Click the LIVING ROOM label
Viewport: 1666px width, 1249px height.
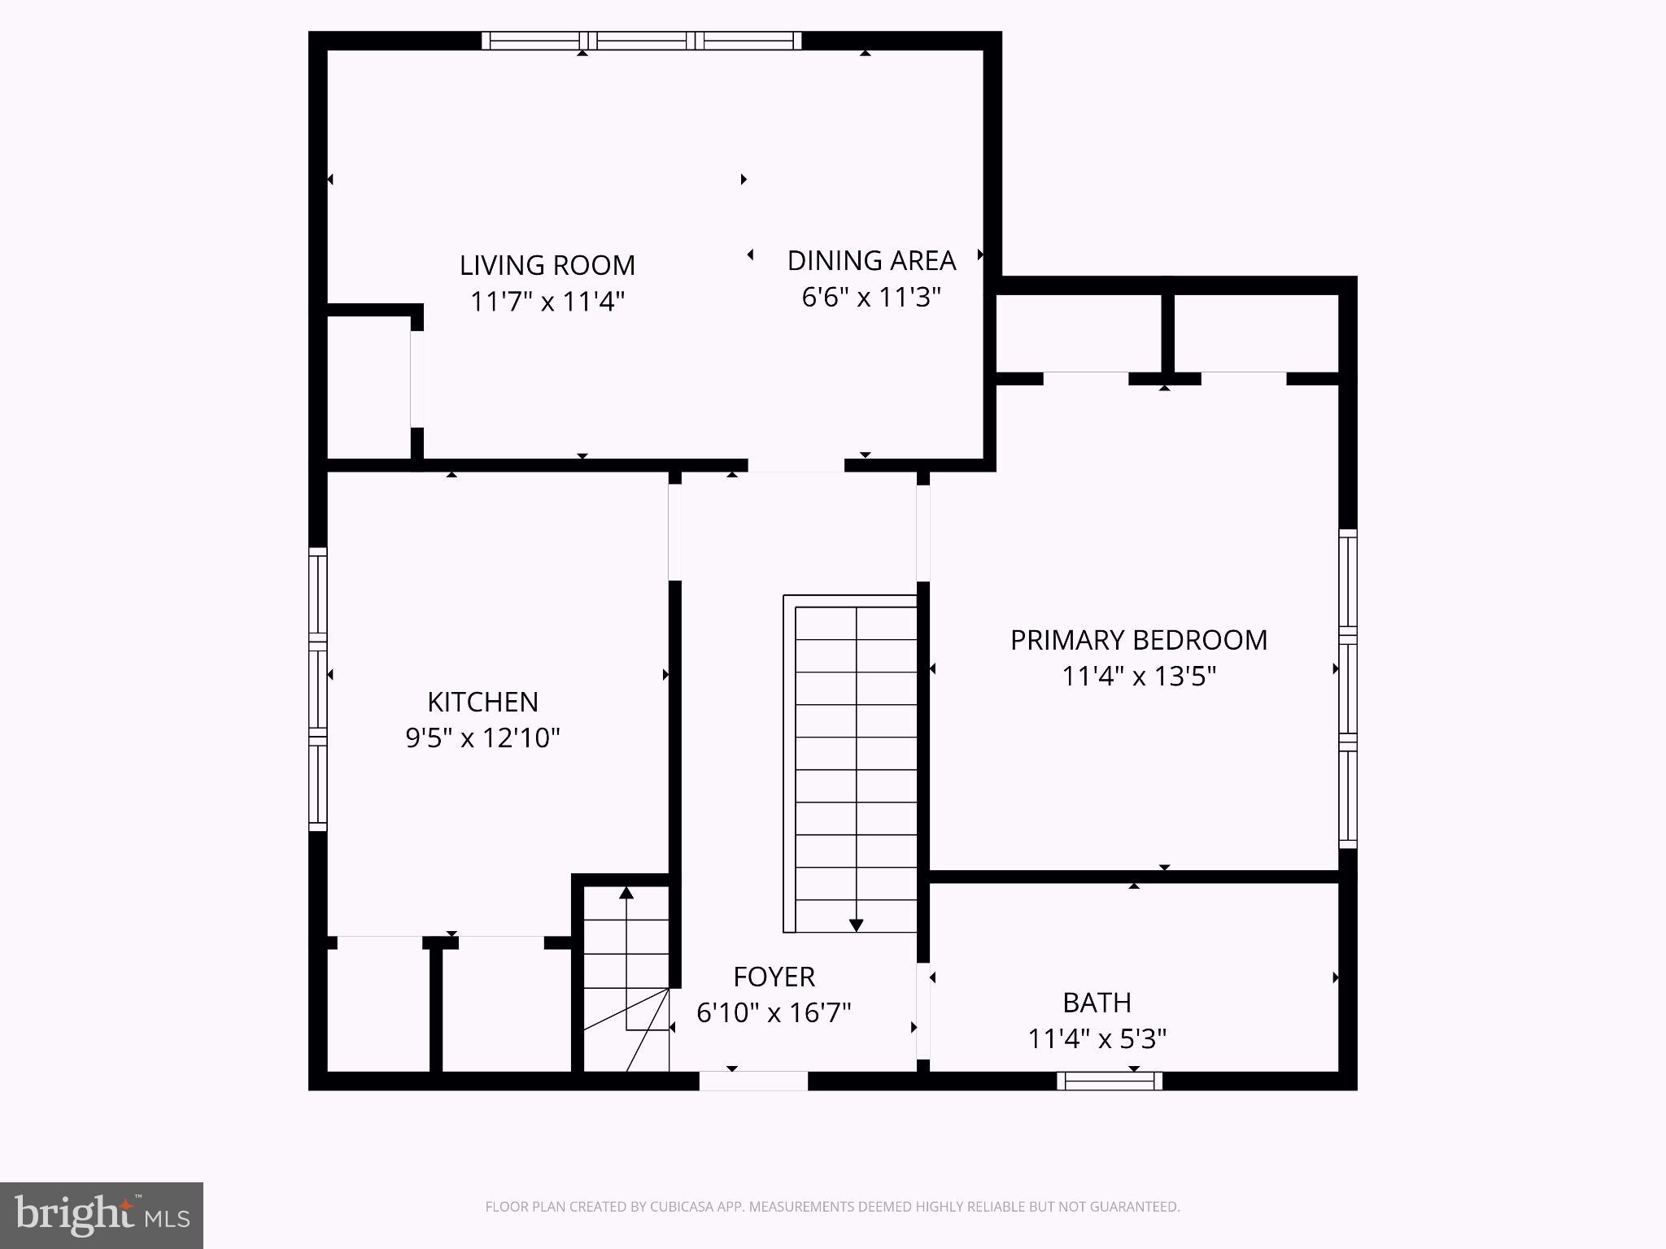point(547,265)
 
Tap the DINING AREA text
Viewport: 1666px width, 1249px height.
point(871,260)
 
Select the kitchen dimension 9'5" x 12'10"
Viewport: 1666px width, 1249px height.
point(482,738)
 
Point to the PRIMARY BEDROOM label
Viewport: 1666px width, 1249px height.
point(1138,640)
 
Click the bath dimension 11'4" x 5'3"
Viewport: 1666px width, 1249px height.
point(1097,1039)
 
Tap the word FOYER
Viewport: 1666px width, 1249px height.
point(774,977)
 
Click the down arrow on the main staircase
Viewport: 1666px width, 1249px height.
point(856,925)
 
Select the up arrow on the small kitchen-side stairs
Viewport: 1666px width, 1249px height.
point(626,894)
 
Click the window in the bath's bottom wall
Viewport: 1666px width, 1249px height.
point(1110,1081)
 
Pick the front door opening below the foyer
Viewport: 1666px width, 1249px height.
point(753,1081)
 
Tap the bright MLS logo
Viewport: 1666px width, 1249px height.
point(102,1215)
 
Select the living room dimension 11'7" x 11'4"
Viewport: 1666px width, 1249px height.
point(547,302)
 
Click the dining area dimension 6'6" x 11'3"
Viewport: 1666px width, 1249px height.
point(871,298)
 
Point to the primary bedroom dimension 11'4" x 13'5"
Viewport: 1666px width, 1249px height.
point(1138,677)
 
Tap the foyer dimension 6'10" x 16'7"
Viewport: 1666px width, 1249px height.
point(774,1013)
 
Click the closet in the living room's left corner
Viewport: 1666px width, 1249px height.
point(369,387)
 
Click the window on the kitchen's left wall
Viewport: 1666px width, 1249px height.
point(318,690)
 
